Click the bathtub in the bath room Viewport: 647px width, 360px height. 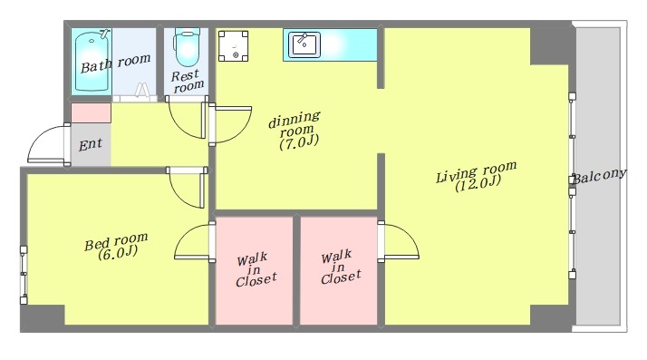click(92, 61)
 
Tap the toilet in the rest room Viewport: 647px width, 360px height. click(187, 46)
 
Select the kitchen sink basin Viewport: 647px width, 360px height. click(304, 45)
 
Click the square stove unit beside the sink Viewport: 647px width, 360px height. click(233, 46)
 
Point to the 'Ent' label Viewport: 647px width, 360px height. click(90, 145)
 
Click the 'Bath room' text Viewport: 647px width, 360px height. click(115, 63)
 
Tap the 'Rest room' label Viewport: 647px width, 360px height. click(188, 81)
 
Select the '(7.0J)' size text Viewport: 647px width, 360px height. click(299, 142)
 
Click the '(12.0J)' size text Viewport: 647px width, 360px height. click(478, 183)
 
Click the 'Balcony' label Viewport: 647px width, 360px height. click(600, 175)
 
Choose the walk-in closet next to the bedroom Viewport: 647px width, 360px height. click(254, 270)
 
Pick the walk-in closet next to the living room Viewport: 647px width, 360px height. click(338, 270)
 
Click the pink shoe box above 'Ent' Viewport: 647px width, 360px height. click(92, 113)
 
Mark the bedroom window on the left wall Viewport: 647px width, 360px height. click(24, 275)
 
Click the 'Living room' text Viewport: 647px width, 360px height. click(476, 170)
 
